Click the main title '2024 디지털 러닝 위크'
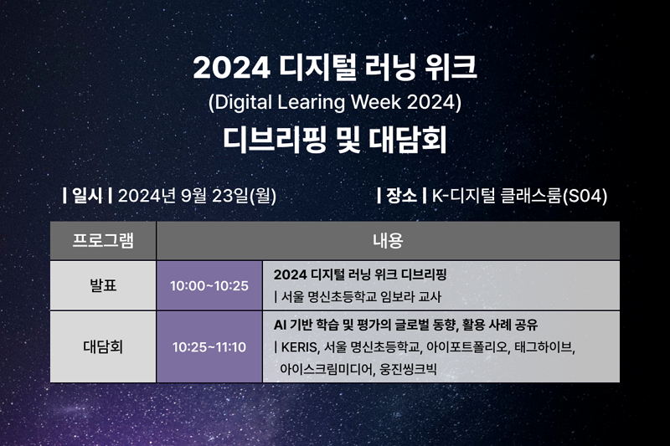pos(335,68)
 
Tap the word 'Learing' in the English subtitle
pos(311,102)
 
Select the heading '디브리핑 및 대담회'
pos(335,140)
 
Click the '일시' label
pos(87,196)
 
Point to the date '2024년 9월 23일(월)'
pos(197,196)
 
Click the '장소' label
pos(401,196)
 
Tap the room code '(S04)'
pos(585,196)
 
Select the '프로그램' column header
pos(103,240)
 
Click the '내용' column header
pos(388,240)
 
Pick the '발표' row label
pos(103,285)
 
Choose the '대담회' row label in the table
pos(103,346)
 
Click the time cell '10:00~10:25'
pos(209,286)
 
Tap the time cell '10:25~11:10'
pos(209,347)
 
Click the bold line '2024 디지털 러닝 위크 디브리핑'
pos(360,274)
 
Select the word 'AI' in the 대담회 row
pos(280,326)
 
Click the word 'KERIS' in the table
pos(299,347)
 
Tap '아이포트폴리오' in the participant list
pos(468,347)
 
